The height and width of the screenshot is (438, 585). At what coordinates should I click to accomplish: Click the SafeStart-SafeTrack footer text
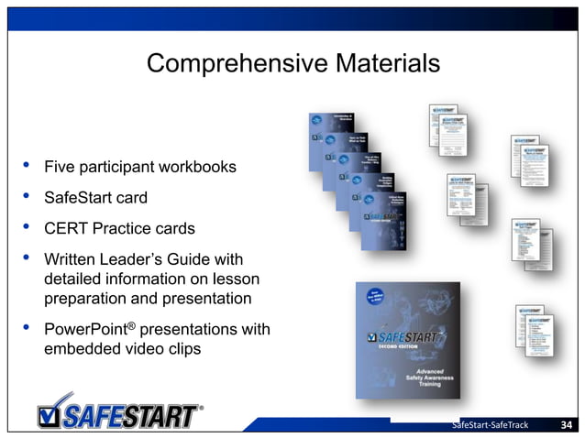[491, 425]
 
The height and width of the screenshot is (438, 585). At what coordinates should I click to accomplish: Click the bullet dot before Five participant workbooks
[27, 166]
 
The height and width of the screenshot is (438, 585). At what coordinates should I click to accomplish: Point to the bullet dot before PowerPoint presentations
[27, 326]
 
